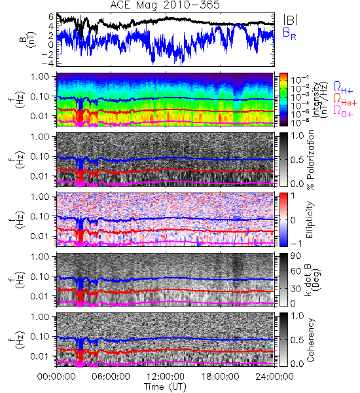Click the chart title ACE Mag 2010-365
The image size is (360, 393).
tap(165, 5)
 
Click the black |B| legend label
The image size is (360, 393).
tap(291, 20)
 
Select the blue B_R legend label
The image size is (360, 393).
tap(289, 34)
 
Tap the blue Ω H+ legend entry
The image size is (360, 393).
tap(343, 88)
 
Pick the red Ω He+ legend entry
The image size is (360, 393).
tap(345, 99)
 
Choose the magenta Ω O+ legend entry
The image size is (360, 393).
tap(343, 111)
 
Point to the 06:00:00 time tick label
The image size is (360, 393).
tap(111, 377)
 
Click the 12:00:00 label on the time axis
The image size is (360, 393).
tap(166, 377)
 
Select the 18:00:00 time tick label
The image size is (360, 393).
tap(220, 377)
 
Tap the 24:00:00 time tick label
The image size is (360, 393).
tap(274, 377)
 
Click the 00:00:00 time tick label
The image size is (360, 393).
tap(56, 377)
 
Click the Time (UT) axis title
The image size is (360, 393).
tap(165, 387)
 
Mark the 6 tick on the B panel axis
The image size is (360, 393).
tap(51, 16)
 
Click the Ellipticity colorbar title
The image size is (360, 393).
tap(310, 219)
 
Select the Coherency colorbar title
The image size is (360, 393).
tap(310, 340)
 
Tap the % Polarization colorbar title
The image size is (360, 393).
tap(310, 160)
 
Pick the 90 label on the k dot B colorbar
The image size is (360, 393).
tap(295, 256)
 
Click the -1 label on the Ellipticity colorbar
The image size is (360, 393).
tap(296, 244)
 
